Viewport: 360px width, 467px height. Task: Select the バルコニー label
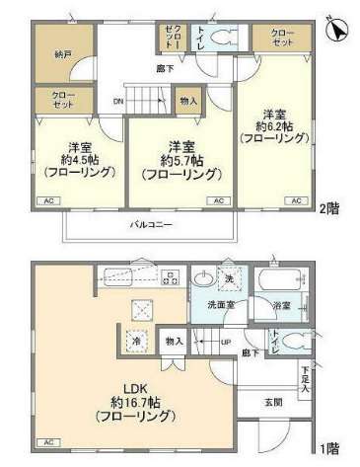pos(150,224)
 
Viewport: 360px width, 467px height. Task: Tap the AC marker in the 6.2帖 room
pos(295,200)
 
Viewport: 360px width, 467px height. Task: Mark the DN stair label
pos(117,101)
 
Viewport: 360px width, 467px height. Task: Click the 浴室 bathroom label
pos(282,306)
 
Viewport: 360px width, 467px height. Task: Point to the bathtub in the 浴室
pos(279,282)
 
